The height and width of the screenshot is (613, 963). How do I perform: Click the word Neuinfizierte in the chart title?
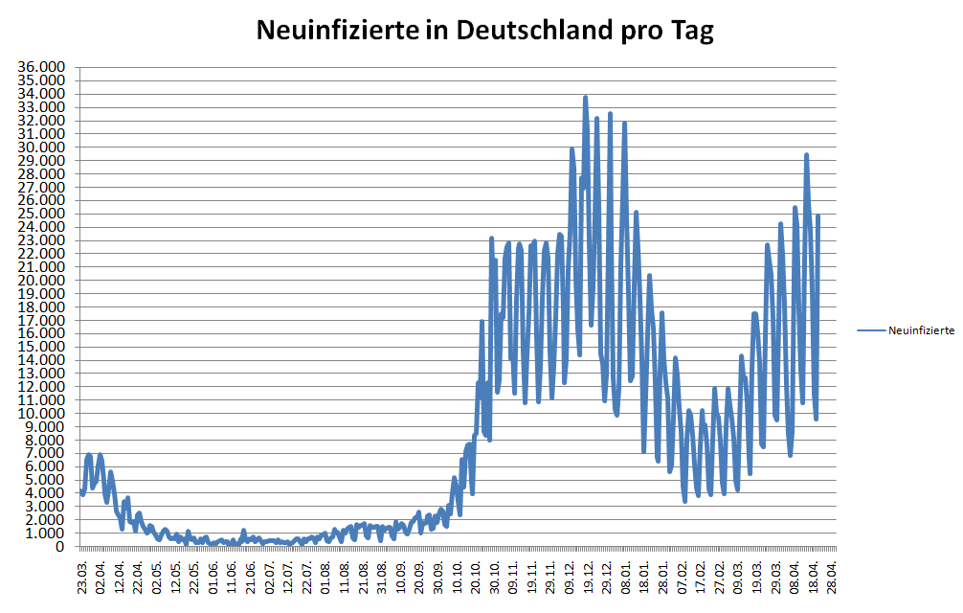336,31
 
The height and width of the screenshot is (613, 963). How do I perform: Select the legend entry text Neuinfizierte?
921,329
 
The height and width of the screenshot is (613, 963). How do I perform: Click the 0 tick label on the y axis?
59,547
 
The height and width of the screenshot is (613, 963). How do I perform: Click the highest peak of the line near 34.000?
585,97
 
